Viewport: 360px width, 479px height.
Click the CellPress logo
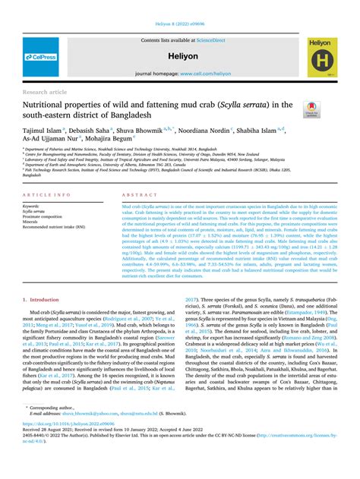[x=41, y=57]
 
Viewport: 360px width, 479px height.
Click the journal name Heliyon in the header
[x=181, y=57]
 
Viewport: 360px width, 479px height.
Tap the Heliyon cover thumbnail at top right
[x=322, y=57]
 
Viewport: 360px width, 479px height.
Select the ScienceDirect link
[x=210, y=40]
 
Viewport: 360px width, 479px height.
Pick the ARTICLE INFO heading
[x=48, y=195]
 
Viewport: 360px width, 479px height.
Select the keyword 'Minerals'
[x=33, y=221]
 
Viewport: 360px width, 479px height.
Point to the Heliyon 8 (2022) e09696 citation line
[x=180, y=24]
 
